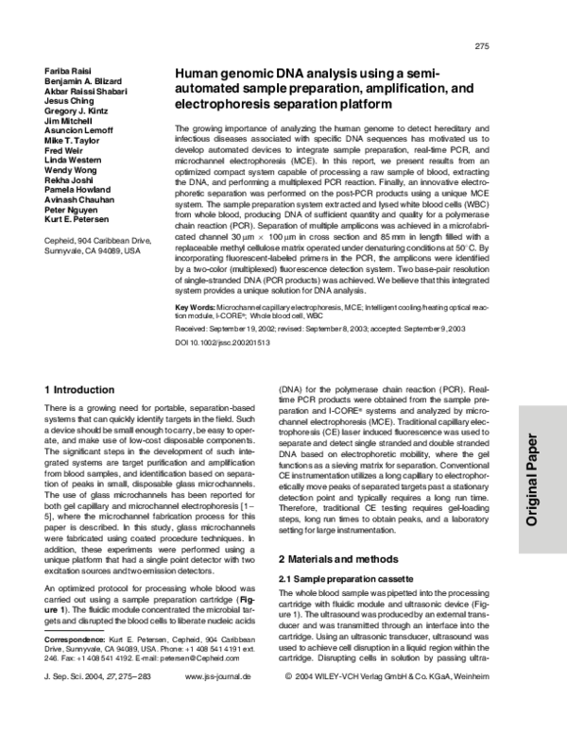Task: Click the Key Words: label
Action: click(196, 309)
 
